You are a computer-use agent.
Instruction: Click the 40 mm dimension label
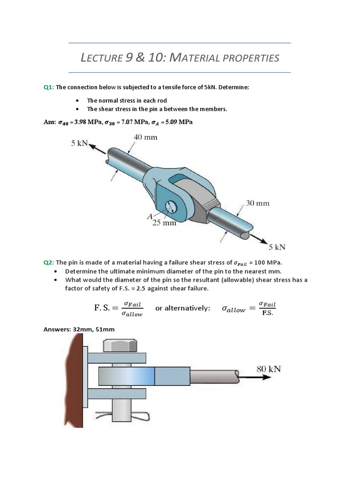(x=146, y=138)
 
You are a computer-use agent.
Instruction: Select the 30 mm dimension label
(x=257, y=204)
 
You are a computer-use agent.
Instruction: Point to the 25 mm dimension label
(x=164, y=223)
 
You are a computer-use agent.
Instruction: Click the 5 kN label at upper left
(x=80, y=144)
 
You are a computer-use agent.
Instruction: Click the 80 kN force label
(x=269, y=368)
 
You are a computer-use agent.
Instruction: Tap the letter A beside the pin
(x=150, y=217)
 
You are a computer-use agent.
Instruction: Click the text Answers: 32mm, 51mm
(x=79, y=330)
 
